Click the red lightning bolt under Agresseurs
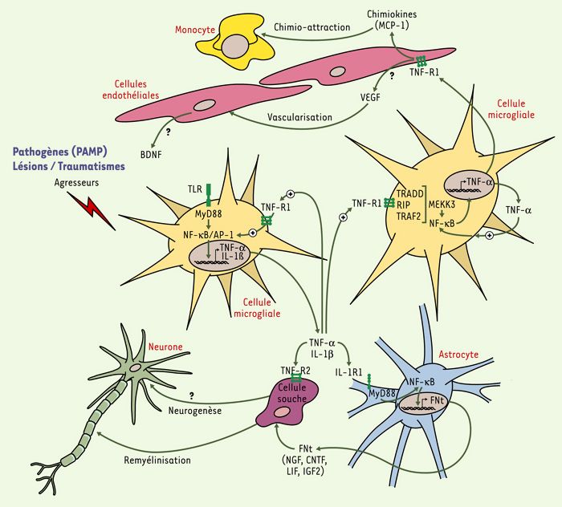pos(92,211)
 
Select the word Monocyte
pos(195,30)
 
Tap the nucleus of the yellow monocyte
pos(234,47)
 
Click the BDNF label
pos(151,155)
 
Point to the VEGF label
pos(370,97)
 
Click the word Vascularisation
pos(299,117)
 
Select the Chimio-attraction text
pos(312,27)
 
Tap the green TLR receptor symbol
pos(209,194)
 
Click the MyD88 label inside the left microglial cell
pos(208,214)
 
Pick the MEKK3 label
pos(442,205)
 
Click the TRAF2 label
pos(409,216)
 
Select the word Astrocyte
pos(458,355)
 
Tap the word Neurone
pos(165,347)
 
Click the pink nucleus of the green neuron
pos(136,367)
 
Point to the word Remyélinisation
pos(157,460)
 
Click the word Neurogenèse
pos(195,411)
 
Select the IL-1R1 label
pos(348,372)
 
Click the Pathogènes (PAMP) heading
pos(60,152)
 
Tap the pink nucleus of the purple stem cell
pos(281,412)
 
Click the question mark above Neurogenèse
pos(192,395)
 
